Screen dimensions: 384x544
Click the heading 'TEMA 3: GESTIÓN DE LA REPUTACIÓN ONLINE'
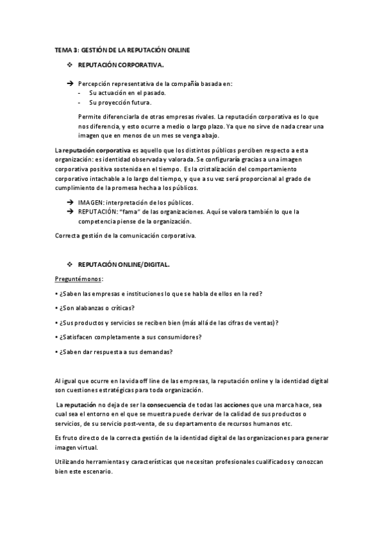click(122, 49)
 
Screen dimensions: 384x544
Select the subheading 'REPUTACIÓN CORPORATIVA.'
click(121, 65)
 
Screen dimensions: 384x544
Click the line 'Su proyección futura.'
click(121, 102)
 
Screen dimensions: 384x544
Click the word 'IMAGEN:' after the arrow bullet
click(92, 202)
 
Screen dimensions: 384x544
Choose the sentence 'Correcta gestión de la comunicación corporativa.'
click(124, 236)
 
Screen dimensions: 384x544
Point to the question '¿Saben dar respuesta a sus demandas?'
click(115, 352)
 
